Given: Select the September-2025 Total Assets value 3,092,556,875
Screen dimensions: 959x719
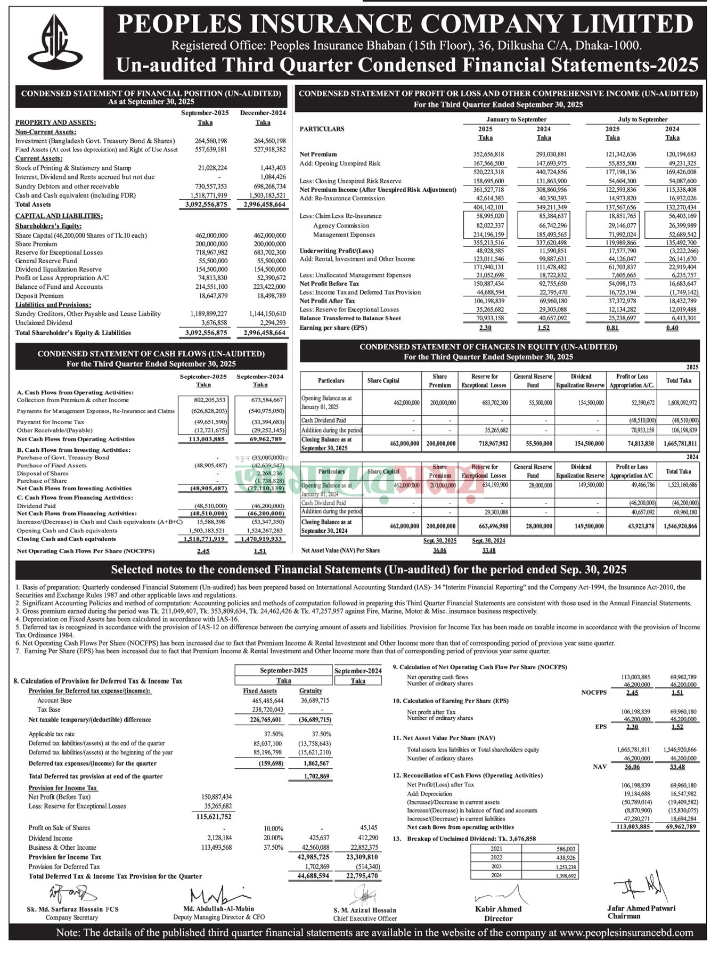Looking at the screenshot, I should (206, 205).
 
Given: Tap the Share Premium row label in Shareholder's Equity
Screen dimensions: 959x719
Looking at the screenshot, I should (36, 244).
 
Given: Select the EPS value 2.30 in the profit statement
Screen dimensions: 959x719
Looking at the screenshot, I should (485, 328).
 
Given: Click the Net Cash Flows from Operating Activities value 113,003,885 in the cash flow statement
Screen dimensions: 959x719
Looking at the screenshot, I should (203, 440).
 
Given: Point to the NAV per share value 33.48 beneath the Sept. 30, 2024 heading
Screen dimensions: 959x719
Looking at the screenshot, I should (488, 550).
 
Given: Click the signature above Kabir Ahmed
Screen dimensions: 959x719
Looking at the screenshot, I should (499, 892).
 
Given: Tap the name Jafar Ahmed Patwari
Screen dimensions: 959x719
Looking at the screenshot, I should (641, 908).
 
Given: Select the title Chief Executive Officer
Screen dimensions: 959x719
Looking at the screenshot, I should (365, 918).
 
